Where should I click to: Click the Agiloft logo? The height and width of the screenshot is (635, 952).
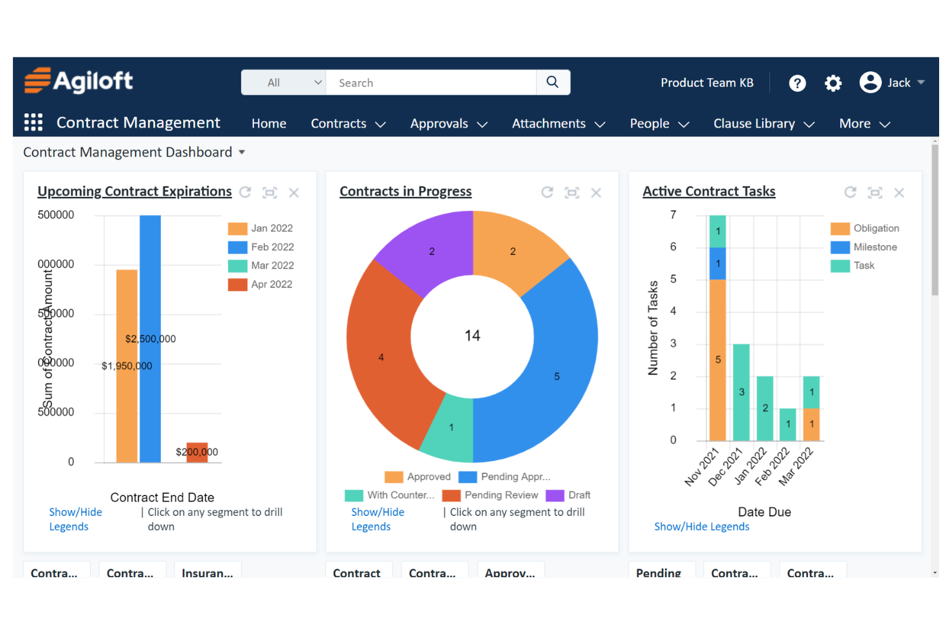tap(78, 81)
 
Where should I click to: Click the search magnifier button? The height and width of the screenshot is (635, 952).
tap(553, 82)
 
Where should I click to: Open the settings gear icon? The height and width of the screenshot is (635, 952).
tap(833, 83)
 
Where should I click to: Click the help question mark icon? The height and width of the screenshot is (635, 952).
tap(797, 83)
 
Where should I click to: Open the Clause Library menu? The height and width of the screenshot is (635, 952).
tap(764, 124)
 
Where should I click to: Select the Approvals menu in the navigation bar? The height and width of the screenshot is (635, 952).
tap(448, 124)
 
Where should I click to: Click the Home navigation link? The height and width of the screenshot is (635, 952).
tap(269, 124)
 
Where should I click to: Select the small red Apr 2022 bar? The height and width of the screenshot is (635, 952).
tap(197, 452)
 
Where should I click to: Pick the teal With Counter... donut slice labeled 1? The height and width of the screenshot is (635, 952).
tap(450, 428)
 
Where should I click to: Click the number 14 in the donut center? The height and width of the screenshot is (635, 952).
tap(472, 336)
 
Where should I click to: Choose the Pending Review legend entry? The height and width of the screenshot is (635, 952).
tap(492, 495)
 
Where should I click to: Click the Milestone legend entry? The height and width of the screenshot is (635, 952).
tap(874, 247)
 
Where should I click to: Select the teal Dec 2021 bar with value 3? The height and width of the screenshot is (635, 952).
tap(741, 392)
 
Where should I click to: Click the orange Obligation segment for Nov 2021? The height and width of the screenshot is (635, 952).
tap(718, 360)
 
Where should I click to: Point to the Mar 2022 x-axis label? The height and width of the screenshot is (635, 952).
tap(796, 466)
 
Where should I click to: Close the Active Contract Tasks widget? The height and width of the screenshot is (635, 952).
tap(899, 192)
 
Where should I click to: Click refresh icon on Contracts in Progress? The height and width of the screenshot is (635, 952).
tap(547, 192)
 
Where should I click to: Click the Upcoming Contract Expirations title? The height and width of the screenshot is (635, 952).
tap(134, 192)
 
